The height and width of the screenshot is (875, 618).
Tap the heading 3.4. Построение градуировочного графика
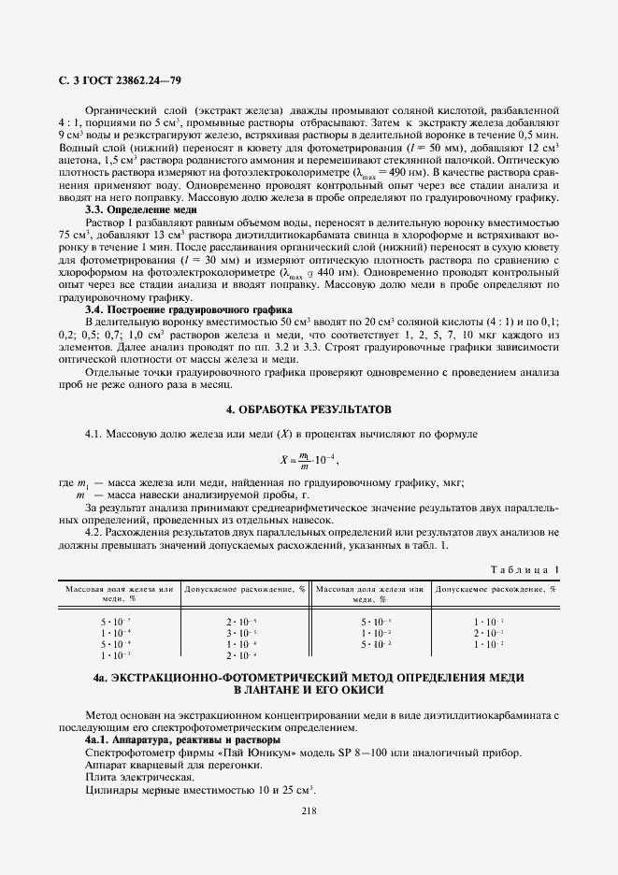(189, 308)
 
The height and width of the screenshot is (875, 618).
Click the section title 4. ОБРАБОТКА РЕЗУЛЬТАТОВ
(309, 410)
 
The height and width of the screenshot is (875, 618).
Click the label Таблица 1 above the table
(525, 569)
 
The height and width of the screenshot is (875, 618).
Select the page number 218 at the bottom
(309, 810)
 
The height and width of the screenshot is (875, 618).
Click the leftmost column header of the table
(120, 594)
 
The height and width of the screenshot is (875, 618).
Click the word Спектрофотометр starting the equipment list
(128, 752)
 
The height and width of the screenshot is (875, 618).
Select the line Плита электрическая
(139, 777)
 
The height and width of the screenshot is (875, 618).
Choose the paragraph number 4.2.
(95, 532)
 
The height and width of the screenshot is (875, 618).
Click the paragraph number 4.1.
(95, 435)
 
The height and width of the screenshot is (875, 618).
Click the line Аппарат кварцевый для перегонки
(173, 765)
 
